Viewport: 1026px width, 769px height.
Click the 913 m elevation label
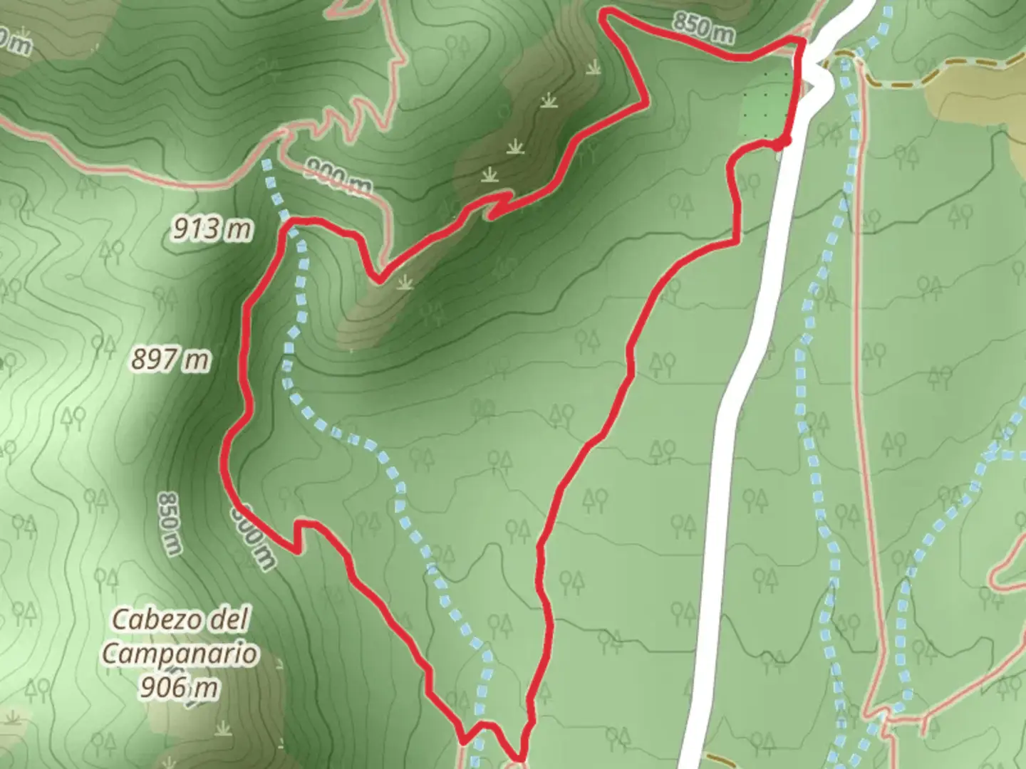pyautogui.click(x=212, y=229)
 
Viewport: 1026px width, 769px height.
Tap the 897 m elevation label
pyautogui.click(x=170, y=360)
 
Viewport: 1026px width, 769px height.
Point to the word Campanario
pyautogui.click(x=180, y=654)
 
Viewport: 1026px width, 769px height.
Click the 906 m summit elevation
pyautogui.click(x=179, y=687)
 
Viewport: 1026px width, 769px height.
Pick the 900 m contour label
pyautogui.click(x=338, y=177)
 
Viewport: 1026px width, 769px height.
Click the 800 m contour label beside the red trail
pyautogui.click(x=253, y=538)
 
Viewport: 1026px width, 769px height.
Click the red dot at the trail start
pyautogui.click(x=782, y=142)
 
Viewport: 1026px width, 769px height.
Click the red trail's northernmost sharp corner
pyautogui.click(x=604, y=14)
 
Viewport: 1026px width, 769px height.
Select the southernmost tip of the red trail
pyautogui.click(x=519, y=758)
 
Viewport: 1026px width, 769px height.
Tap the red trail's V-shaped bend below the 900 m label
pyautogui.click(x=376, y=278)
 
